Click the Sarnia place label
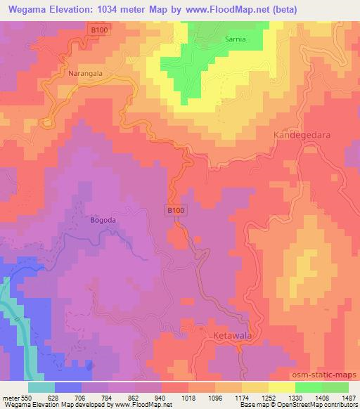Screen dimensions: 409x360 [x=236, y=40]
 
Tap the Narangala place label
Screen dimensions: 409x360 [x=85, y=73]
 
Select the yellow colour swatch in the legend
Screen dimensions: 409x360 [x=281, y=387]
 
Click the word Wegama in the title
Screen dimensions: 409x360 [x=32, y=9]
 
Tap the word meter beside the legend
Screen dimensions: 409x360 [x=11, y=398]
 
